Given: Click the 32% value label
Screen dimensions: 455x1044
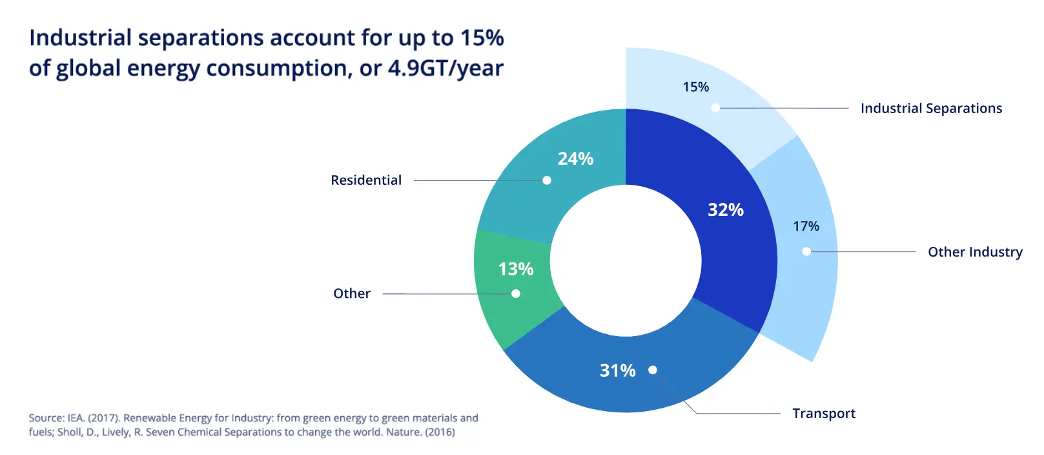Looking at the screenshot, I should click(725, 210).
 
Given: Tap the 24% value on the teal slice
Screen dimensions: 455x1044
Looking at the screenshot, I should click(575, 159).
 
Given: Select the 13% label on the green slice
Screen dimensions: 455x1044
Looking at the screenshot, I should click(515, 269).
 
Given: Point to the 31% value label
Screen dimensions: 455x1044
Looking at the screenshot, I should click(617, 370).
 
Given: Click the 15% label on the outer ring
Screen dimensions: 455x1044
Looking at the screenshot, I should click(695, 87).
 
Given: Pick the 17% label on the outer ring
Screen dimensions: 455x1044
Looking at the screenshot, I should click(806, 226).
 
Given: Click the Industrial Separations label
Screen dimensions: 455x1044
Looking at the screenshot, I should click(931, 109).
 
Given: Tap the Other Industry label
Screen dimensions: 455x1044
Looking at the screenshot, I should click(975, 252).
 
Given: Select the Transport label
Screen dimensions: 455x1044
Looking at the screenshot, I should click(824, 414).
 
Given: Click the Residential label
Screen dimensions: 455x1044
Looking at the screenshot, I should click(366, 180).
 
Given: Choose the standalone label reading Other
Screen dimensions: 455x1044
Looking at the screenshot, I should click(352, 293).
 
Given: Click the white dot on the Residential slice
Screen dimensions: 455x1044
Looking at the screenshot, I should click(547, 180).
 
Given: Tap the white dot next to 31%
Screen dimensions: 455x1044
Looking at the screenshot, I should click(653, 370).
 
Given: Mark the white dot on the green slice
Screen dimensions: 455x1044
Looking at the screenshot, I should click(516, 293).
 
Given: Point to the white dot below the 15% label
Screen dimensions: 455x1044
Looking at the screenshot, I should click(715, 108).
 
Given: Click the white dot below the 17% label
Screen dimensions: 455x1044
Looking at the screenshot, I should click(806, 251).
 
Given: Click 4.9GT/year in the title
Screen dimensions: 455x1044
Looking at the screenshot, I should click(445, 69).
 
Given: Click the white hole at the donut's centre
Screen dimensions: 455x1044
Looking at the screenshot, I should click(626, 260).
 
